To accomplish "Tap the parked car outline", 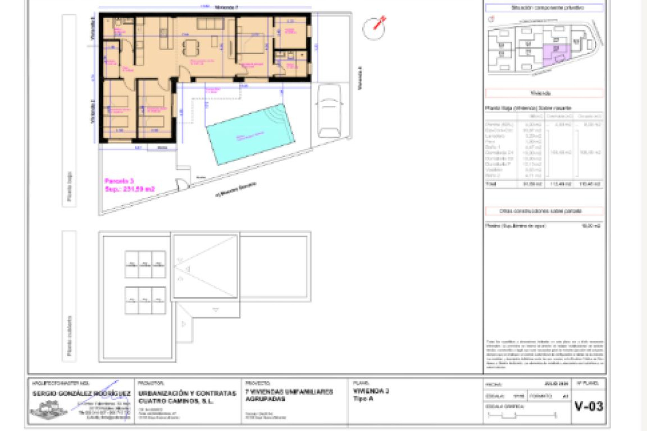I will [329, 111].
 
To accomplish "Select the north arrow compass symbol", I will [374, 28].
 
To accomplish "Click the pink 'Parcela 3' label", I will [119, 181].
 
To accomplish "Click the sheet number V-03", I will [589, 406].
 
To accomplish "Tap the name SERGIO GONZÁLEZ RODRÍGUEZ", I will [81, 393].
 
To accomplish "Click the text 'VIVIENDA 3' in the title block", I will [371, 391].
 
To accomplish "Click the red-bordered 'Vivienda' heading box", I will [544, 93].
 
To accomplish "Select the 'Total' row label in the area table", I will [491, 184].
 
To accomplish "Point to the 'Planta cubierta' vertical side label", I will [69, 335].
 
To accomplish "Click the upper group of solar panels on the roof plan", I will [145, 264].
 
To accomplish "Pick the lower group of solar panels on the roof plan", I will [145, 300].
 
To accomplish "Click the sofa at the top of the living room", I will [210, 24].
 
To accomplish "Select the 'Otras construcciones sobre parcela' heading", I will [544, 211].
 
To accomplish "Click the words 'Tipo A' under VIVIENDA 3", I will [363, 399].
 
